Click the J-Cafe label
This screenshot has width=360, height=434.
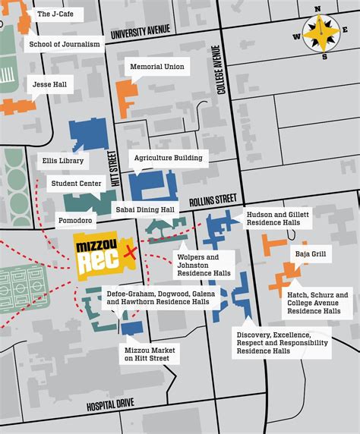click(56, 14)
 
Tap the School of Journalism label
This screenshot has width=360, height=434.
click(64, 44)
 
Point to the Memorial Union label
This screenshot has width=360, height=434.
click(156, 67)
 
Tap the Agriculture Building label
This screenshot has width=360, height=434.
click(168, 158)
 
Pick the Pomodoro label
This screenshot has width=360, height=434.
click(74, 221)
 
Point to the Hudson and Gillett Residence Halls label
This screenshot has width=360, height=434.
click(276, 220)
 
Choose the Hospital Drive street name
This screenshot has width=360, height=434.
click(110, 405)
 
